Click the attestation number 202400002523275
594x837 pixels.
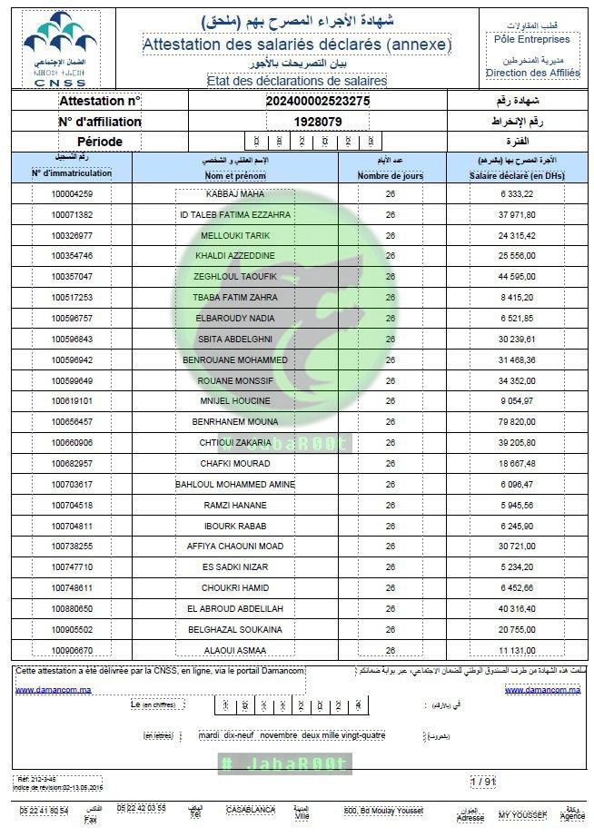(x=318, y=102)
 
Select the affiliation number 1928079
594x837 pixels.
(x=318, y=122)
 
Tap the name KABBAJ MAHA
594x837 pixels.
(x=234, y=194)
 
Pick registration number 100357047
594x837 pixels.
(x=73, y=277)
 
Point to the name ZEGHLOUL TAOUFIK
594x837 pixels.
(x=234, y=277)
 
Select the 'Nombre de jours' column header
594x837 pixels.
(x=390, y=176)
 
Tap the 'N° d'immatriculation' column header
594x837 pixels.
(x=72, y=172)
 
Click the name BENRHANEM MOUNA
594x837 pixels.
(x=234, y=422)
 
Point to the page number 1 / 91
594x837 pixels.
(x=483, y=781)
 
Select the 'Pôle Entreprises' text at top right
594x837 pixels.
(x=532, y=40)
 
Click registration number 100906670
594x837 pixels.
(x=73, y=650)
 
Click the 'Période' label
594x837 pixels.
(x=100, y=142)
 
